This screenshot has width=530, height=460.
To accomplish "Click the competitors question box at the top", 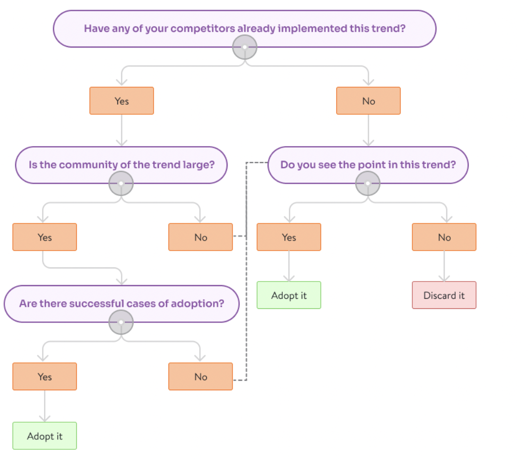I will tap(244, 28).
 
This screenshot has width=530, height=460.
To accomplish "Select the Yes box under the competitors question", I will tap(121, 101).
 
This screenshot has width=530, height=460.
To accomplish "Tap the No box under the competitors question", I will tap(368, 101).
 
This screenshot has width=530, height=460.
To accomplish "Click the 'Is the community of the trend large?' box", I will tap(121, 165).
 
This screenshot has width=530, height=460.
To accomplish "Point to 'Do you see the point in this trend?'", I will tap(368, 165).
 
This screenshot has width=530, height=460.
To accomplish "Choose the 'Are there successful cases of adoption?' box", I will tap(121, 304).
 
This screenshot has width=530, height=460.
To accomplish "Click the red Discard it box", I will tap(444, 295).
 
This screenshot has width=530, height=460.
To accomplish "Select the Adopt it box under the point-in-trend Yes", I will tap(289, 295).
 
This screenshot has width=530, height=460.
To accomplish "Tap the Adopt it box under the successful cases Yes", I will tap(45, 436).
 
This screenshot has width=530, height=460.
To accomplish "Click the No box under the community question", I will tap(200, 237).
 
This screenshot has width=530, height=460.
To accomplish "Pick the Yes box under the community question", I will tap(45, 237).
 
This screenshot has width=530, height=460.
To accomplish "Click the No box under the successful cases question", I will tap(200, 377).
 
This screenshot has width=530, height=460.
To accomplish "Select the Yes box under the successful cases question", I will tap(45, 377).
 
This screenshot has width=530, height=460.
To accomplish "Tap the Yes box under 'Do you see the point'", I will tap(289, 237).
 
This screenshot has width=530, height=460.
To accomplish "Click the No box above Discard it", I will tap(444, 237).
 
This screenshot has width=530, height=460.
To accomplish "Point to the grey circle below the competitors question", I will tap(245, 48).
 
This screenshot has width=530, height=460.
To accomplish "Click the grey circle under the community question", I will tap(121, 183).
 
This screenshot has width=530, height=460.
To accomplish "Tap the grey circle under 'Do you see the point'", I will tap(368, 183).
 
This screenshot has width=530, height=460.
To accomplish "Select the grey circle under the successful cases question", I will tap(121, 323).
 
